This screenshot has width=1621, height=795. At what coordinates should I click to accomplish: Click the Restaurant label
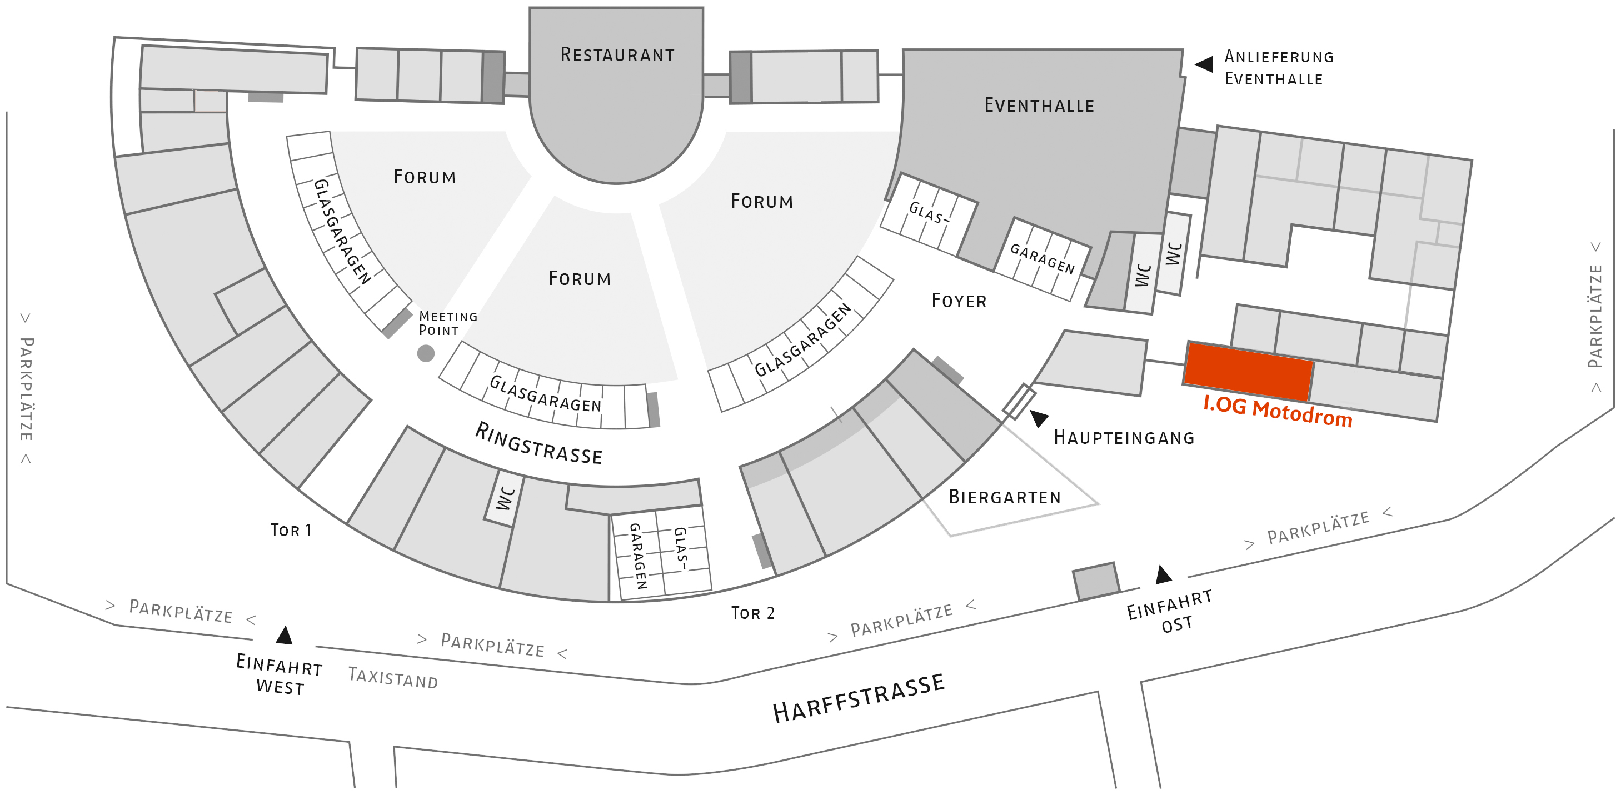(617, 56)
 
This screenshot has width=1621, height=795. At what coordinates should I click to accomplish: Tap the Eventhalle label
(1039, 106)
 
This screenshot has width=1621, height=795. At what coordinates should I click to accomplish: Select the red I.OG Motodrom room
(1248, 371)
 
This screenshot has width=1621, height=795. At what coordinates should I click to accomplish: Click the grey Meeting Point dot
(426, 353)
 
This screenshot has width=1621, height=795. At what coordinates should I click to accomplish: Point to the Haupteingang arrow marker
(1039, 418)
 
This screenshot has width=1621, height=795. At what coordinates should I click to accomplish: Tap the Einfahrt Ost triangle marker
(1164, 574)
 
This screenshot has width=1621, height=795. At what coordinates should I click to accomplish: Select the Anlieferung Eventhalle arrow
(1204, 64)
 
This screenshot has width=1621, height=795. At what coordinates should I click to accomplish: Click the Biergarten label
(1004, 498)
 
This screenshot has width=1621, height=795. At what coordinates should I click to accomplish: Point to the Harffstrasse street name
(859, 698)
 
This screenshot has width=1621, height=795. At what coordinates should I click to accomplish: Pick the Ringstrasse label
(538, 443)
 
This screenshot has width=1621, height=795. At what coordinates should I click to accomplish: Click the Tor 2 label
(752, 613)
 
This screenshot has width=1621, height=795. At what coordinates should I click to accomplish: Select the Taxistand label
(393, 678)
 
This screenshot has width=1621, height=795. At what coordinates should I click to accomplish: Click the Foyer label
(959, 301)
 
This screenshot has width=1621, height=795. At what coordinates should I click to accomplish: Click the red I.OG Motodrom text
(1278, 413)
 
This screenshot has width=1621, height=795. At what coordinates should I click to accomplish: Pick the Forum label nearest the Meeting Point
(580, 279)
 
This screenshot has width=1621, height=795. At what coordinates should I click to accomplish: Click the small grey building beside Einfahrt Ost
(1095, 581)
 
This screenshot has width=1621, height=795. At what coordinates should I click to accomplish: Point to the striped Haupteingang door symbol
(1019, 401)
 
